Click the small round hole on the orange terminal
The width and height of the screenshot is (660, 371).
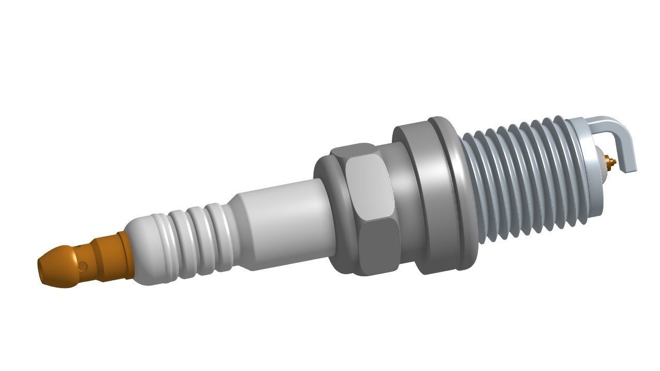pyautogui.click(x=82, y=266)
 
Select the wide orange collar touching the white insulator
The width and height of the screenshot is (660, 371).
pyautogui.click(x=125, y=255)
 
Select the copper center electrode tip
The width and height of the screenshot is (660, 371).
pyautogui.click(x=612, y=162)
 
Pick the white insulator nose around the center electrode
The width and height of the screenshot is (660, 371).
pyautogui.click(x=601, y=160)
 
